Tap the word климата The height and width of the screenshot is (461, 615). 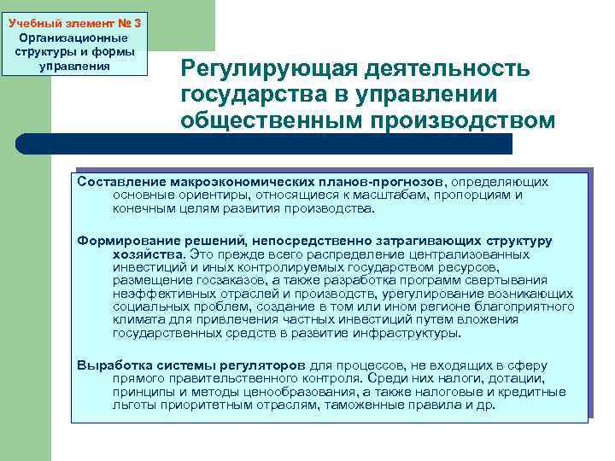click(138, 320)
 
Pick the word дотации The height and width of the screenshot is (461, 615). click(515, 379)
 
